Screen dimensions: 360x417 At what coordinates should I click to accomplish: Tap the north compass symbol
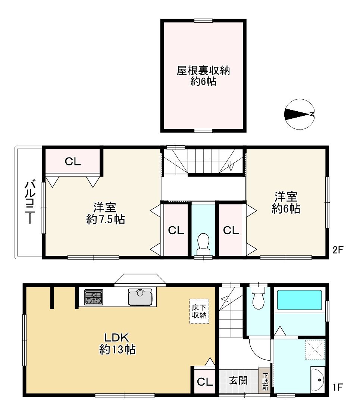(x=300, y=115)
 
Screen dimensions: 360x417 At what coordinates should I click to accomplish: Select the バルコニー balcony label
(x=29, y=202)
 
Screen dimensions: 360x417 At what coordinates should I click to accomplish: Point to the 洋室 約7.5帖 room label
(x=106, y=213)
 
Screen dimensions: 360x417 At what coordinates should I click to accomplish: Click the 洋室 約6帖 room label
(x=286, y=203)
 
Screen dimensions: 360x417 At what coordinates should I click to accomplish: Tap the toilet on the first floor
(x=259, y=298)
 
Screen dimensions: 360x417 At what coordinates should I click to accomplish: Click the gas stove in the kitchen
(x=94, y=297)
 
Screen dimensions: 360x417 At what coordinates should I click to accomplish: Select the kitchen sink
(x=140, y=297)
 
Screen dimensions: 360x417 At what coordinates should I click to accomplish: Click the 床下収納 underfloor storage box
(x=199, y=311)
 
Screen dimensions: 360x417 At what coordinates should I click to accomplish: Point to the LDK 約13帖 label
(x=117, y=343)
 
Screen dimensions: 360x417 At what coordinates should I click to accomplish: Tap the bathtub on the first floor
(x=300, y=300)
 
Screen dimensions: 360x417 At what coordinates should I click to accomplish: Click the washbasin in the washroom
(x=318, y=380)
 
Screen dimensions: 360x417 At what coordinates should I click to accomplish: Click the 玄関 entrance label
(x=238, y=380)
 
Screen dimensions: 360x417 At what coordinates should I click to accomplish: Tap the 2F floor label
(x=338, y=250)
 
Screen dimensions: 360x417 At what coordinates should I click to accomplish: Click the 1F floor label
(x=338, y=387)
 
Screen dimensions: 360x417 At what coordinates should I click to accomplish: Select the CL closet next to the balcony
(x=73, y=161)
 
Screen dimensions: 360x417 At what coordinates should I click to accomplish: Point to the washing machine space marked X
(x=315, y=350)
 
